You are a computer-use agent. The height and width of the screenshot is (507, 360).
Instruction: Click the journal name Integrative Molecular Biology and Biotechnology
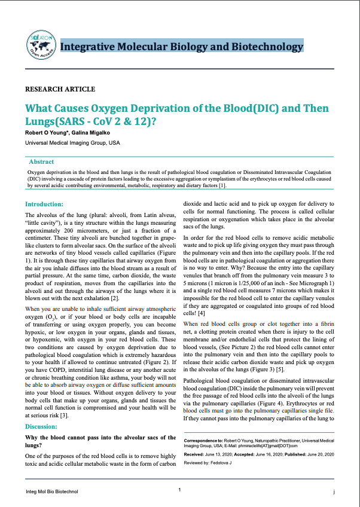tap(182, 46)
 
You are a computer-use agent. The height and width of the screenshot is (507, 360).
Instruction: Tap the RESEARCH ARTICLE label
tap(60, 89)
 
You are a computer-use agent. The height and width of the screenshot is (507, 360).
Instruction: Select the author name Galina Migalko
tap(92, 133)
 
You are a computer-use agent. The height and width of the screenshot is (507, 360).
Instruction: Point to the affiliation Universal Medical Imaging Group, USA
tap(72, 143)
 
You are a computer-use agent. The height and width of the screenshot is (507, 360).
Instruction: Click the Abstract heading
tap(41, 161)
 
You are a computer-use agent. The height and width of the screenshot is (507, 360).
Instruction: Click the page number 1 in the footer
tap(179, 490)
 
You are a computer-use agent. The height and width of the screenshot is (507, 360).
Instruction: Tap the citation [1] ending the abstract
tap(222, 186)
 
